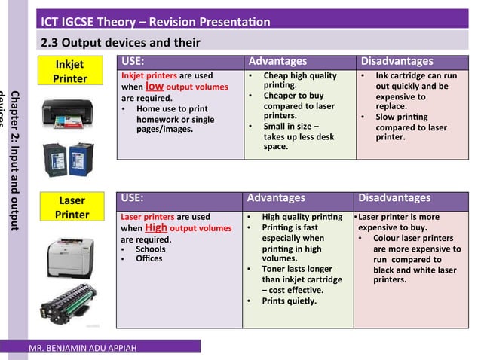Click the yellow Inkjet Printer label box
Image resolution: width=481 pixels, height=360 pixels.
[69, 72]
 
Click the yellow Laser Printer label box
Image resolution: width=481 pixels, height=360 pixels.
[72, 208]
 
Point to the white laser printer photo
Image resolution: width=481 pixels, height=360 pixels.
[69, 255]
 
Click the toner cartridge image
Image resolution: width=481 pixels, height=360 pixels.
[69, 304]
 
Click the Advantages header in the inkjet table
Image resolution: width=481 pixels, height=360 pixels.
[277, 61]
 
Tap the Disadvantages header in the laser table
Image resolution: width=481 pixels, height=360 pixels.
[394, 198]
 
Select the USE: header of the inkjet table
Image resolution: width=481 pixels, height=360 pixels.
[133, 61]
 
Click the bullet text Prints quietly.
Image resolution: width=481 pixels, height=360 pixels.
[290, 301]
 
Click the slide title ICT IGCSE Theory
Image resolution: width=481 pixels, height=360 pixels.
[155, 21]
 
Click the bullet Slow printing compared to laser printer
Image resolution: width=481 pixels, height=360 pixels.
[412, 127]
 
